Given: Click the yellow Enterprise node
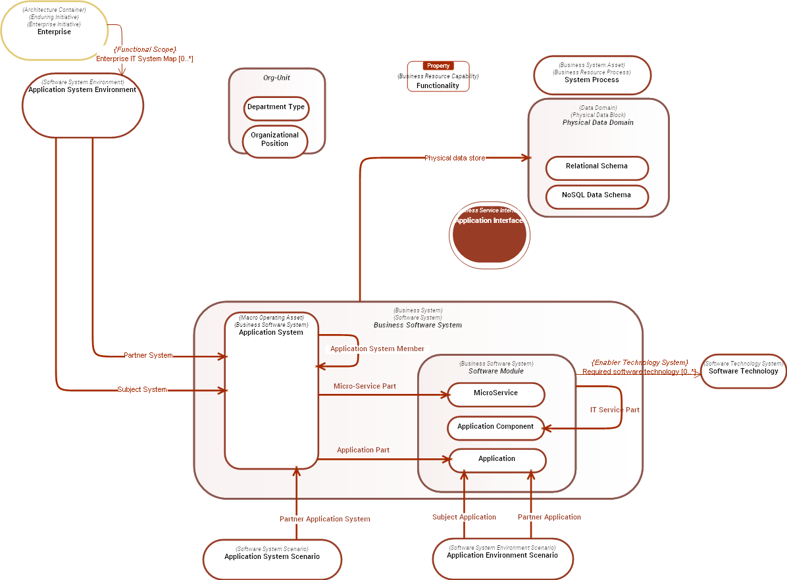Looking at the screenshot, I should click(54, 31).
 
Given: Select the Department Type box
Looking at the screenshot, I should click(276, 107).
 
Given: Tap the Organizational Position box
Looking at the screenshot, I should click(274, 139).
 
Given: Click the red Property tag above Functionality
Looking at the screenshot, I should click(438, 66).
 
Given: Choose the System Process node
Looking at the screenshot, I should click(592, 76).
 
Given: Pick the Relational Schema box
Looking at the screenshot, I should click(596, 167).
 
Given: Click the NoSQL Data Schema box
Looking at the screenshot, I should click(596, 196).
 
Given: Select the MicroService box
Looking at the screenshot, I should click(495, 394).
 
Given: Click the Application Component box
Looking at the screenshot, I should click(495, 427).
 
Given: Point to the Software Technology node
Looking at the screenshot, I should click(743, 371).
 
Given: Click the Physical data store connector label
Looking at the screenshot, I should click(455, 158).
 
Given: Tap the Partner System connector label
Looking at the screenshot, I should click(148, 356).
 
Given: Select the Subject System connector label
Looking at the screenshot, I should click(142, 390).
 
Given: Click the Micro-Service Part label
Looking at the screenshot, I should click(365, 386).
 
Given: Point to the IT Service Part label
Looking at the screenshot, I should click(614, 410).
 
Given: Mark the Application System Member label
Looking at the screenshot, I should click(377, 349).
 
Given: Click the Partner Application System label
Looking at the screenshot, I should click(324, 519).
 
